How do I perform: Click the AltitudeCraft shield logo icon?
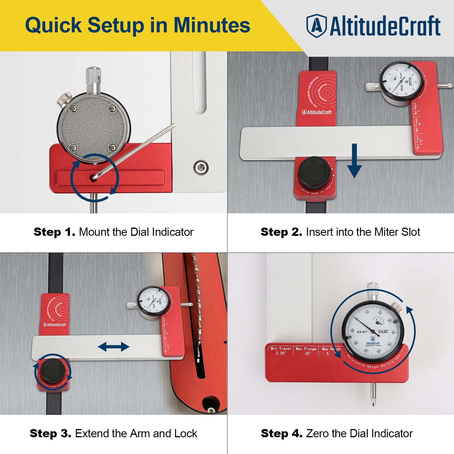(x=316, y=26)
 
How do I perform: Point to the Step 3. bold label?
(x=51, y=434)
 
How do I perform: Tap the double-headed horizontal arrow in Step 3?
(x=113, y=346)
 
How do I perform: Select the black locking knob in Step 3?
(x=52, y=370)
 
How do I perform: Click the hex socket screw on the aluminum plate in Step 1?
(x=201, y=167)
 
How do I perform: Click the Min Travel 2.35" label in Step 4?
(x=281, y=351)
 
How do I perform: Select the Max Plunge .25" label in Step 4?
(x=306, y=351)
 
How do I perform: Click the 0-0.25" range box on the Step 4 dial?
(x=383, y=331)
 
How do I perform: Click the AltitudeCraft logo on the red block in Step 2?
(x=316, y=112)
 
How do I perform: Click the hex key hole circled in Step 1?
(x=93, y=178)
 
